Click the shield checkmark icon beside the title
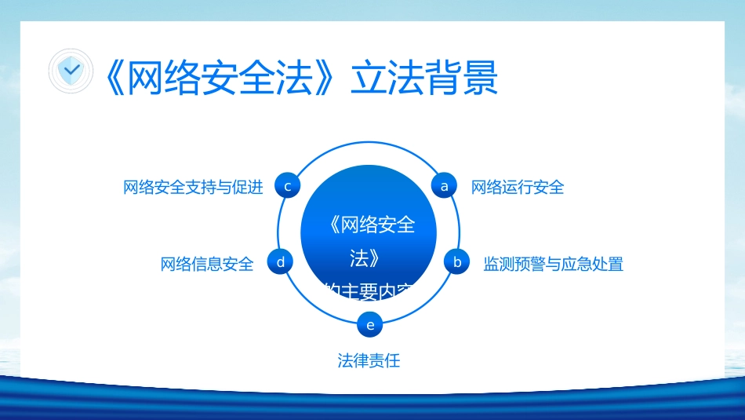71,71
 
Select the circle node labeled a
445,186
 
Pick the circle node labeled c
288,186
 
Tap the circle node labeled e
370,323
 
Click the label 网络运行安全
517,187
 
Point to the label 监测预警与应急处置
553,264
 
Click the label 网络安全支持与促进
193,187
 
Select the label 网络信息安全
207,264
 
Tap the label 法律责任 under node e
369,360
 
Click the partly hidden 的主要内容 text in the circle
369,291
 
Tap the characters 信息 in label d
207,264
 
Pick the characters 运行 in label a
517,187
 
